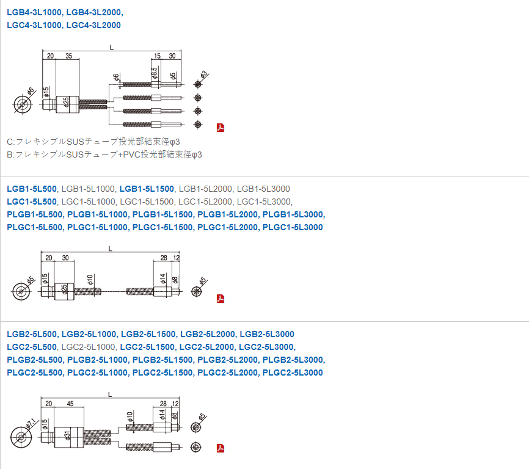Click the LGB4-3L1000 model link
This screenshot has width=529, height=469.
(34, 12)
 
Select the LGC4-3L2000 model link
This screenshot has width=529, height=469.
(93, 25)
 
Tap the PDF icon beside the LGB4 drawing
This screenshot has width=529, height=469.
(221, 128)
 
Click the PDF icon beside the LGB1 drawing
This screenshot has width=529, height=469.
(221, 299)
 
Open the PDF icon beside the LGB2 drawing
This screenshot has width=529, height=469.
(221, 449)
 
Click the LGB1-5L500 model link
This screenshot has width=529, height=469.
(32, 189)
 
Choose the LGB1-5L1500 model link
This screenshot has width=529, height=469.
(147, 189)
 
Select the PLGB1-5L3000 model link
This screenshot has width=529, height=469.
(293, 214)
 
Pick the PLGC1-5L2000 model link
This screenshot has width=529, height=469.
(227, 227)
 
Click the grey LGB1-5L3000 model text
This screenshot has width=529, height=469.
(263, 189)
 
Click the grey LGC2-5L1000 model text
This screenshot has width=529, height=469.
(89, 347)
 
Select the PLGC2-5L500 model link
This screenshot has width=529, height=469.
(35, 373)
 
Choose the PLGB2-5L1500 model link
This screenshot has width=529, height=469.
(162, 360)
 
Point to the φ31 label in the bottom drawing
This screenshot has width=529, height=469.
(65, 436)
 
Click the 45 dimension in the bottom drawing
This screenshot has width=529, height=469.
(70, 404)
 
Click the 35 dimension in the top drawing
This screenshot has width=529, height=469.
(68, 56)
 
